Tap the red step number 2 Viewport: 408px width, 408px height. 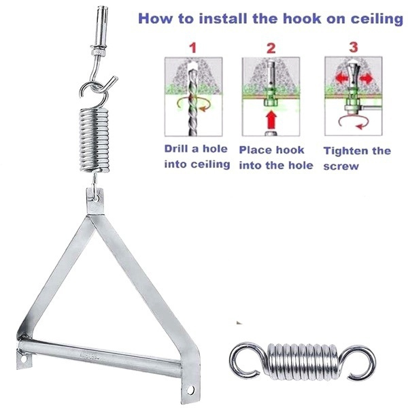click(271, 48)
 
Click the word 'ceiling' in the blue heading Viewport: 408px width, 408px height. click(371, 18)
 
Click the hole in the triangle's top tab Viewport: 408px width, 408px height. click(96, 198)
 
